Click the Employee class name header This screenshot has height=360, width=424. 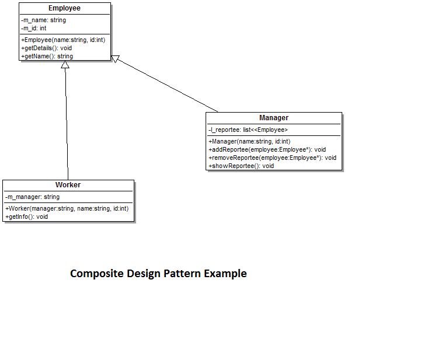tap(64, 8)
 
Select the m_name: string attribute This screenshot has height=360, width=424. tap(44, 20)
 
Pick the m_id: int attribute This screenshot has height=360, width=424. tap(34, 28)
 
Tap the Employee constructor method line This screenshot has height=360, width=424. tap(63, 40)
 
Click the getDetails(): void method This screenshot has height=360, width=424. tap(47, 48)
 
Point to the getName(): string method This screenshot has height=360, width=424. tap(47, 56)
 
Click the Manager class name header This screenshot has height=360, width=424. tap(274, 118)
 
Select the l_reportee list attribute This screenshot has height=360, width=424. tap(248, 130)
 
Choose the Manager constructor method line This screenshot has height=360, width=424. tap(249, 141)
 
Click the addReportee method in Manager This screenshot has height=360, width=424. tap(267, 149)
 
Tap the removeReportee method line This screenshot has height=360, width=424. tap(272, 158)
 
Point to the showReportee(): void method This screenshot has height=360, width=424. tap(241, 166)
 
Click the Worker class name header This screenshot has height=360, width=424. tap(68, 185)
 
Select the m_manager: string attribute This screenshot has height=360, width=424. tap(33, 197)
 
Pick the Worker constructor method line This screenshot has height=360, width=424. tap(67, 208)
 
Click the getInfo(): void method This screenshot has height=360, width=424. tap(27, 216)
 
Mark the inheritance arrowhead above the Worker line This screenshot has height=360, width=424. tap(65, 65)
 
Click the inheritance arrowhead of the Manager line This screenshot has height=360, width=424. tap(116, 58)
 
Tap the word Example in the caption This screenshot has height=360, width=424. tap(225, 273)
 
